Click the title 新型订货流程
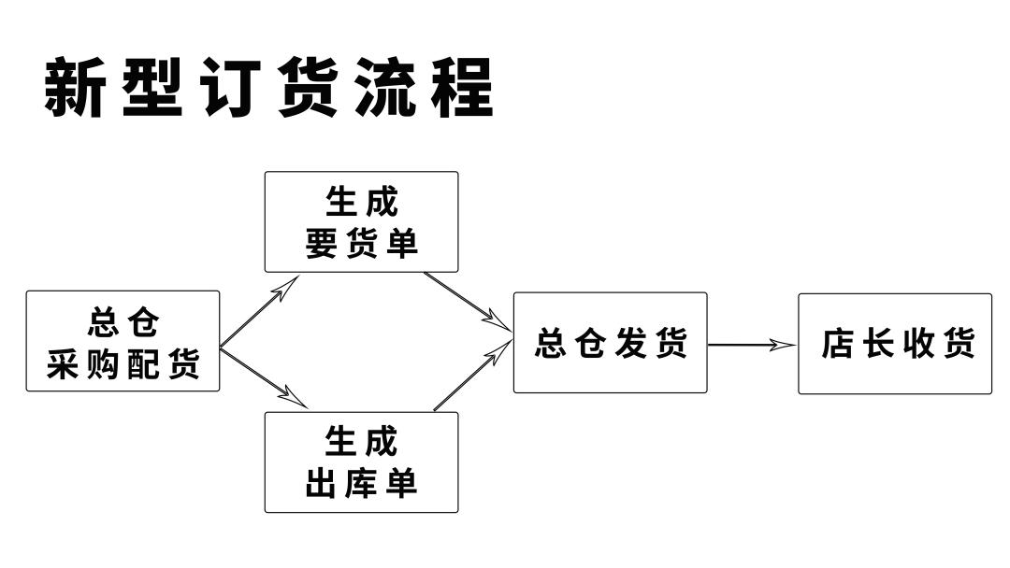pos(268,88)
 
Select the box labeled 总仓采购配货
pos(123,341)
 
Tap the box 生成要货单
pos(361,222)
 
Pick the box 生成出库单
pos(361,462)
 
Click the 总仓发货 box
pos(610,343)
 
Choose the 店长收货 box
pos(894,344)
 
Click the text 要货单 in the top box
pos(361,244)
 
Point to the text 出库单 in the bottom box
pos(361,484)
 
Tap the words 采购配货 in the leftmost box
pos(123,364)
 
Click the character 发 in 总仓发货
pos(631,344)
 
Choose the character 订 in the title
pos(230,88)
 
